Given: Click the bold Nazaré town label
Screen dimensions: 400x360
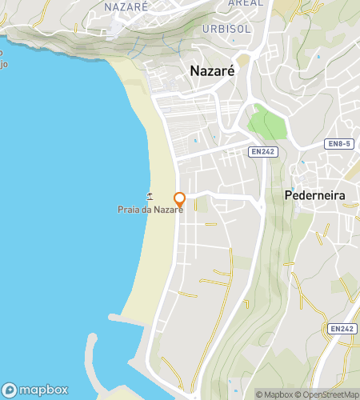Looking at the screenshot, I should (x=212, y=70).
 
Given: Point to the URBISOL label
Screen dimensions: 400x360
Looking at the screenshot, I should (x=227, y=28).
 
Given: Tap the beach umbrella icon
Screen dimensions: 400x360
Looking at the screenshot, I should (x=149, y=195).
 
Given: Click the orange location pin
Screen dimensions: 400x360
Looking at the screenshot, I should (x=179, y=200).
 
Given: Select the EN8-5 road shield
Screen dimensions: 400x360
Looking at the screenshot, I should (x=339, y=144).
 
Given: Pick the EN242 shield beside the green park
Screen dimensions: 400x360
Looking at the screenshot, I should (x=263, y=151).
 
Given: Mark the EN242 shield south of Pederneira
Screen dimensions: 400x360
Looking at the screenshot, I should (x=340, y=328).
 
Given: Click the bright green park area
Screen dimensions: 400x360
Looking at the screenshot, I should (x=266, y=124).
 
